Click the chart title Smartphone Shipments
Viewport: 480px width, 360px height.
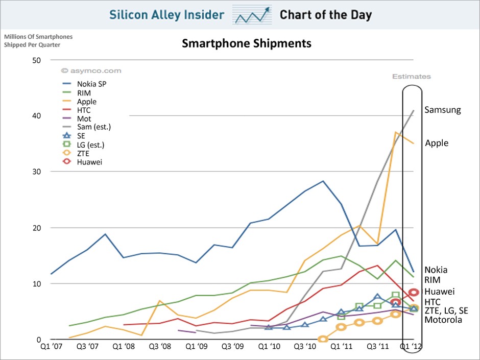(x=247, y=43)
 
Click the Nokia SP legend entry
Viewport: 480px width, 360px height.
(x=91, y=84)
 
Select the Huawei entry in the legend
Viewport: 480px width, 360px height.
(x=90, y=162)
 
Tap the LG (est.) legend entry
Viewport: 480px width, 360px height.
(x=90, y=145)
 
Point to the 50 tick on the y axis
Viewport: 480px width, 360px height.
(x=36, y=60)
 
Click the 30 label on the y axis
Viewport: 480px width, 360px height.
(x=36, y=172)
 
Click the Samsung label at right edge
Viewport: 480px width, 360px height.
(x=442, y=110)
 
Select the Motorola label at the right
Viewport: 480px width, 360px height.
(x=443, y=320)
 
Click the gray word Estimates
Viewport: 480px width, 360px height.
(x=411, y=77)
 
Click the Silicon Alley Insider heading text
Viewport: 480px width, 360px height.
(x=166, y=14)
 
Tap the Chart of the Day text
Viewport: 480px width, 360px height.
(x=325, y=14)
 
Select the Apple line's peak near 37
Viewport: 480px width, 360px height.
(x=395, y=132)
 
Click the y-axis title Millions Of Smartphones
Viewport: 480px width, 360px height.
(x=38, y=37)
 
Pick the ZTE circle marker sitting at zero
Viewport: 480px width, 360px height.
(x=323, y=339)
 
